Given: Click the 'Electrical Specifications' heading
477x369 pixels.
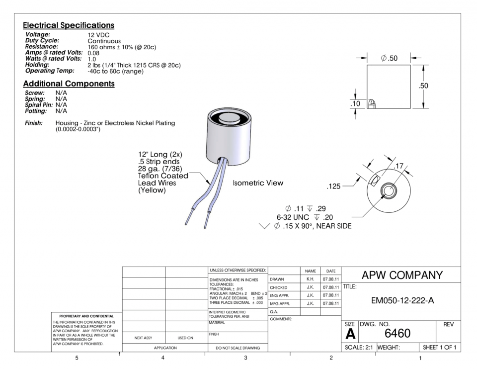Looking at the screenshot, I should click(x=69, y=25).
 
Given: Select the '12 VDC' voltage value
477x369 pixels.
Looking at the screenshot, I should click(x=98, y=35).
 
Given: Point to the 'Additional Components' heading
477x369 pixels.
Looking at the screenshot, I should click(x=69, y=84).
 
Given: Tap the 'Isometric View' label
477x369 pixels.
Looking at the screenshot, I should click(x=258, y=183).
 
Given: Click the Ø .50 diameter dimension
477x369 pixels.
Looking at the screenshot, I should click(x=389, y=58).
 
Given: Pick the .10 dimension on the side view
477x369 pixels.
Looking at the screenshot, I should click(x=355, y=104).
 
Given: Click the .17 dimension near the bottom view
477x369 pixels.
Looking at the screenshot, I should click(x=398, y=166).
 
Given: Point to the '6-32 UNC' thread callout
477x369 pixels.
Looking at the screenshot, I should click(x=293, y=217).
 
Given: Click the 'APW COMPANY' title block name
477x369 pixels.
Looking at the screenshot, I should click(x=402, y=275).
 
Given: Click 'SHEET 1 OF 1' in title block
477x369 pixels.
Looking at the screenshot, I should click(x=439, y=347).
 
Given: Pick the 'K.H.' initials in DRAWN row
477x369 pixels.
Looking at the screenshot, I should click(x=310, y=279).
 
